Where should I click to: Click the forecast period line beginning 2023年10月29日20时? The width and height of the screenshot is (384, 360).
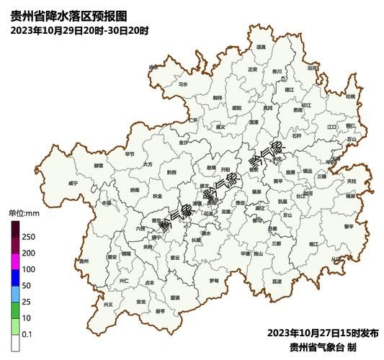click(80, 30)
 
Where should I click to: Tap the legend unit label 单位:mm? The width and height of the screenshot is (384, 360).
click(23, 213)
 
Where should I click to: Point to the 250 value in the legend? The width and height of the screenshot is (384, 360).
click(28, 237)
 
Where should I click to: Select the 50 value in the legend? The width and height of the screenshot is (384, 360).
click(27, 285)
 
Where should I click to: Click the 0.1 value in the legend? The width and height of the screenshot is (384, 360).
click(27, 333)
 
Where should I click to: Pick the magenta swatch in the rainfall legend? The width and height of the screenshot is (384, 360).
click(15, 269)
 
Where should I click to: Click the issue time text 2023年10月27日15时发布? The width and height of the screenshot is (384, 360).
click(323, 333)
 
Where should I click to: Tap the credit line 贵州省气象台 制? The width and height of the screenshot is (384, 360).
click(328, 346)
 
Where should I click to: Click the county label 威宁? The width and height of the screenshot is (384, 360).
click(73, 183)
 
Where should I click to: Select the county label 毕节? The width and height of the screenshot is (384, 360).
click(129, 153)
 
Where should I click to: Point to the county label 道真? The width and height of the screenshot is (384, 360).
click(261, 47)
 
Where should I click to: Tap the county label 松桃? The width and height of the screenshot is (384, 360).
click(350, 96)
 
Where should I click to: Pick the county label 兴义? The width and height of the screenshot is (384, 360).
click(108, 304)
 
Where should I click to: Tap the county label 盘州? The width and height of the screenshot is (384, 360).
click(84, 261)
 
